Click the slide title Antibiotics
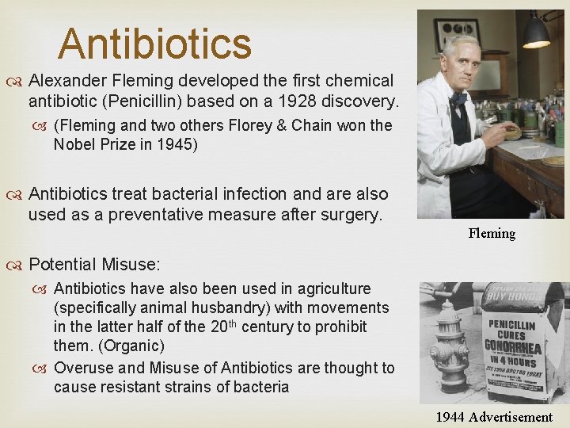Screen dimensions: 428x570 click(154, 44)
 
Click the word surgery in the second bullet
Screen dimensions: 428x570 click(345, 215)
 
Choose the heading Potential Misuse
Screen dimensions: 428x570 click(94, 265)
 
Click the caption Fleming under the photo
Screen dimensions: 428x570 click(492, 233)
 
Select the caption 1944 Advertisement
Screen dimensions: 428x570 click(494, 417)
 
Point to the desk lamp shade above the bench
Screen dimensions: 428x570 click(536, 33)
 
